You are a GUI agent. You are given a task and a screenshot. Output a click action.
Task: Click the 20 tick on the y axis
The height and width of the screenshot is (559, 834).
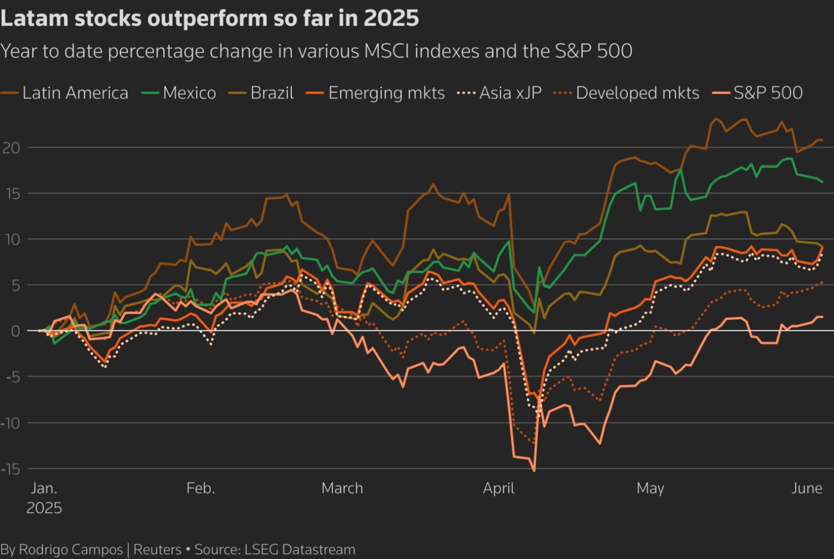pyautogui.click(x=11, y=148)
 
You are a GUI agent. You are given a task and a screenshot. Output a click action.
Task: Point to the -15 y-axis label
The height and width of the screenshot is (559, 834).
pyautogui.click(x=11, y=469)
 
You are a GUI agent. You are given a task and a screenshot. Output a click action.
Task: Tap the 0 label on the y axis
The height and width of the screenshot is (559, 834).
pyautogui.click(x=15, y=331)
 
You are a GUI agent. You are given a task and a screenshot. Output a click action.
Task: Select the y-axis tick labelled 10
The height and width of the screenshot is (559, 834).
pyautogui.click(x=11, y=240)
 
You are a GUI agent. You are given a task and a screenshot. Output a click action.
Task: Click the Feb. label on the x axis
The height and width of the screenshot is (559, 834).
pyautogui.click(x=200, y=489)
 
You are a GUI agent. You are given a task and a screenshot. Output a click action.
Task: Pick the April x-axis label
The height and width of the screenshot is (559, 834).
pyautogui.click(x=499, y=489)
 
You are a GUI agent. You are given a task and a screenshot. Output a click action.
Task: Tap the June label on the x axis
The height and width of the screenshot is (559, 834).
pyautogui.click(x=807, y=489)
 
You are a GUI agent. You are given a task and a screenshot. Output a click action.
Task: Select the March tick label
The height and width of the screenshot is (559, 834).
pyautogui.click(x=342, y=489)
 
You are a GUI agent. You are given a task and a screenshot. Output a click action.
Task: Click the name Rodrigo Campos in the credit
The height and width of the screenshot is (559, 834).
pyautogui.click(x=71, y=549)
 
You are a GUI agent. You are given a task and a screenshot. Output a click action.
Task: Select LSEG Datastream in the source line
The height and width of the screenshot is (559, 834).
pyautogui.click(x=300, y=549)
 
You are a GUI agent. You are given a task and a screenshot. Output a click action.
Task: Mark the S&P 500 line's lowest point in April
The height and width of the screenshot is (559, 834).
pyautogui.click(x=534, y=471)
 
